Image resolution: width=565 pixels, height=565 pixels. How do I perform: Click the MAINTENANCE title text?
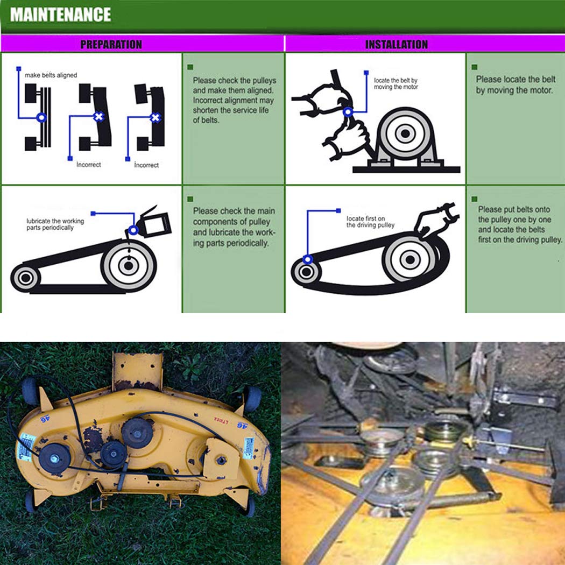pos(60,15)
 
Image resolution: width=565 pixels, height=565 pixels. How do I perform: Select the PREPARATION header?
pos(111,44)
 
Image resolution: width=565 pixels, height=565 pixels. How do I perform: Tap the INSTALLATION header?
pos(396,44)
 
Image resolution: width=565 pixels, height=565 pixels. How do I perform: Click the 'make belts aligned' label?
pos(51,75)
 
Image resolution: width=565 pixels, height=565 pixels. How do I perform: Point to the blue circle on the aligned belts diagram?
pos(41,117)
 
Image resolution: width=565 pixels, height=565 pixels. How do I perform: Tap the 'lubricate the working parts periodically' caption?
pos(55,224)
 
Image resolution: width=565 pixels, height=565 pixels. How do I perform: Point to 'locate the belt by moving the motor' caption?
pos(395,83)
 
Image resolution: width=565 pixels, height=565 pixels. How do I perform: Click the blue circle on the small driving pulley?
pos(307,260)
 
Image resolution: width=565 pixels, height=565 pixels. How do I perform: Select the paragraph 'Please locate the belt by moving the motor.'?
pos(515,85)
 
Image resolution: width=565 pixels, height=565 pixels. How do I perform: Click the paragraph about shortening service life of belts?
pos(232,100)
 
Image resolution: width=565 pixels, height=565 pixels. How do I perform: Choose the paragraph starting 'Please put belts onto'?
pos(520,224)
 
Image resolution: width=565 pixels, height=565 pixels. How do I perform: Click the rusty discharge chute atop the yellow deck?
pos(137,371)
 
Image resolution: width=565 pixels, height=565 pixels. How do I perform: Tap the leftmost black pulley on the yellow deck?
pos(54,457)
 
